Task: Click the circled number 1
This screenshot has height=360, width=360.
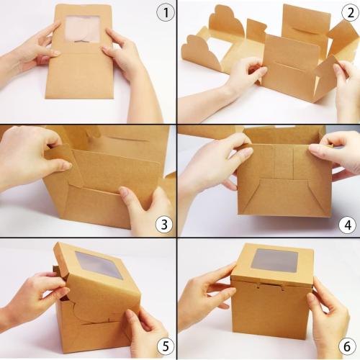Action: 166,14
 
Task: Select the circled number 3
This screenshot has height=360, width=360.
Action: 166,225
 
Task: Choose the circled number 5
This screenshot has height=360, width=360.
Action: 166,346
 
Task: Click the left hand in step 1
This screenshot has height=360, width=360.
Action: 32,50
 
